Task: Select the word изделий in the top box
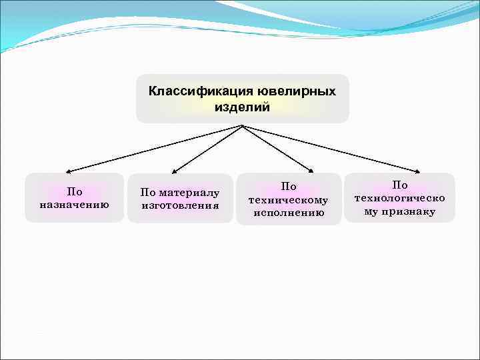click(243, 107)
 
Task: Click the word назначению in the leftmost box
click(75, 204)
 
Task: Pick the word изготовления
click(180, 205)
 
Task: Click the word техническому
click(289, 200)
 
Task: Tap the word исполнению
click(289, 213)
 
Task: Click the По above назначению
click(75, 192)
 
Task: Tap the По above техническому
click(289, 187)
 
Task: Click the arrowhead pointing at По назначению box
click(69, 171)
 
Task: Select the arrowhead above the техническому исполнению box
click(311, 171)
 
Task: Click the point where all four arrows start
click(243, 125)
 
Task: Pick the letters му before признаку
click(371, 211)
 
